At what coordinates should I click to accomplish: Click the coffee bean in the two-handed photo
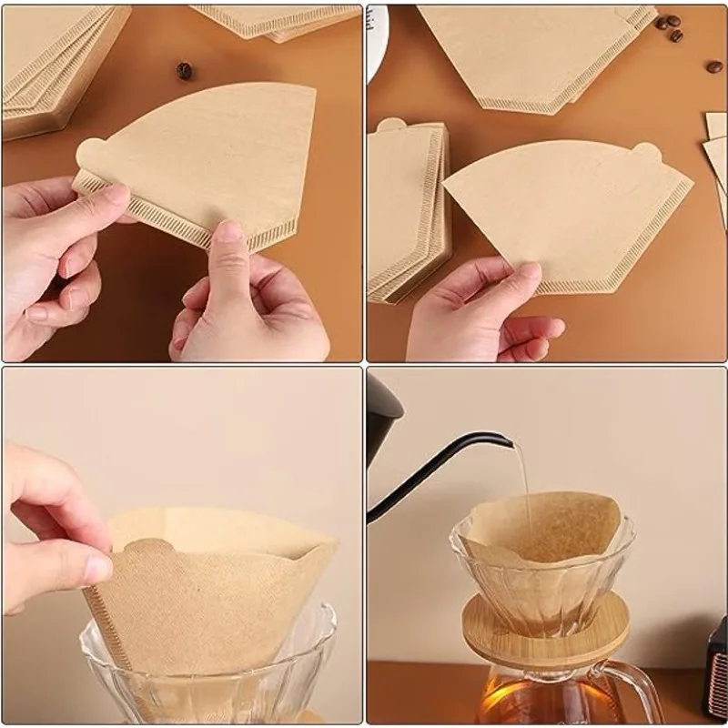click(184, 70)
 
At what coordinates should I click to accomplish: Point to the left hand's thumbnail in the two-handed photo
click(116, 194)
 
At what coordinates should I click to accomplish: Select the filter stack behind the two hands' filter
click(55, 73)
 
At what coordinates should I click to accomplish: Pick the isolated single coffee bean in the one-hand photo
click(714, 66)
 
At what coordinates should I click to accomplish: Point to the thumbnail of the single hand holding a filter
click(528, 271)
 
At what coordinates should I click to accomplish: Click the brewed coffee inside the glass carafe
click(537, 701)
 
